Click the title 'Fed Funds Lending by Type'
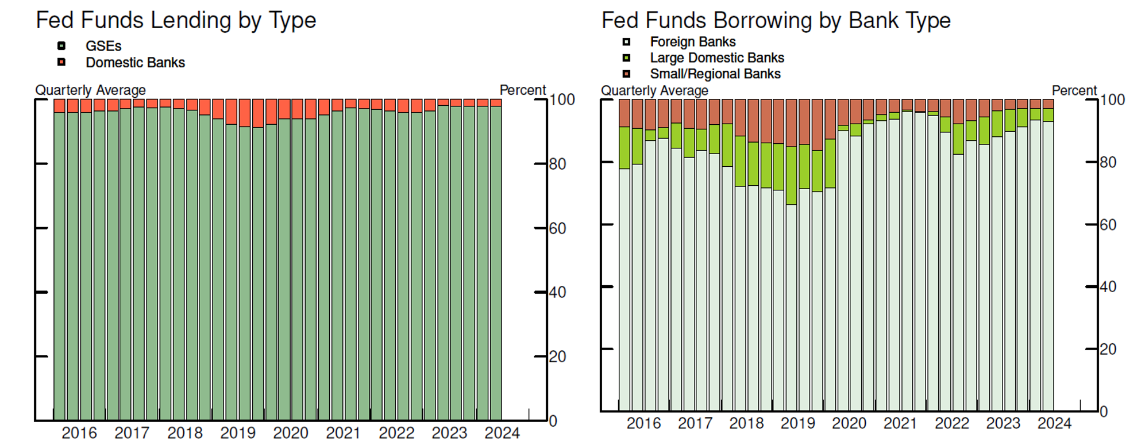click(x=176, y=20)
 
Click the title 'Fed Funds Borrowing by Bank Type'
click(x=776, y=20)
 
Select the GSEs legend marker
click(x=61, y=46)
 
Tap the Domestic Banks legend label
click(x=135, y=62)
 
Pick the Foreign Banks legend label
click(x=692, y=41)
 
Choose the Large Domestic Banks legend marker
click(x=626, y=58)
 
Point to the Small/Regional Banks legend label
click(x=715, y=74)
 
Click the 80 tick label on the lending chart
click(x=557, y=164)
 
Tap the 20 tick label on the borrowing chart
click(x=1108, y=349)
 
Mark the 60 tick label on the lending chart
click(x=557, y=228)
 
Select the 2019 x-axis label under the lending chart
click(x=238, y=432)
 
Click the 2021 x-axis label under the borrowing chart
click(x=900, y=423)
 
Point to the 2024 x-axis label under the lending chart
click(x=502, y=432)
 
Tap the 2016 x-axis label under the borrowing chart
click(x=643, y=423)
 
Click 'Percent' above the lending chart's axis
click(x=522, y=90)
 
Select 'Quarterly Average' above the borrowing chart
click(x=654, y=90)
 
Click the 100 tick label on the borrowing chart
click(x=1112, y=99)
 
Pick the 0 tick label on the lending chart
click(x=553, y=421)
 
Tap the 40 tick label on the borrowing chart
click(x=1108, y=286)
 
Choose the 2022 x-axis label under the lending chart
click(x=396, y=432)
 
